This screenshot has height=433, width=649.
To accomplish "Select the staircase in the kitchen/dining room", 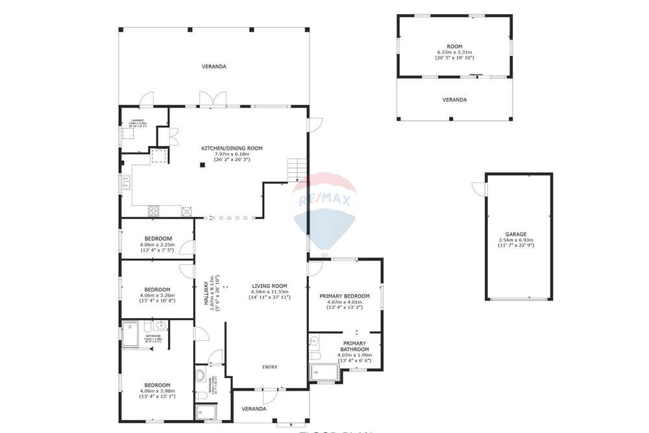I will pos(297,169).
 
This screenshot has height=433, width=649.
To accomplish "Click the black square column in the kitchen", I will pos(202,165).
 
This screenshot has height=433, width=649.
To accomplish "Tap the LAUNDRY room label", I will pos(137,120).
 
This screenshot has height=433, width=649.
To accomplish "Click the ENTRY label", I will pos(270,367).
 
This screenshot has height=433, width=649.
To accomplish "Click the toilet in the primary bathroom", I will pos(315,356).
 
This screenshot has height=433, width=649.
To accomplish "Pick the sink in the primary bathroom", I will pos(315,340).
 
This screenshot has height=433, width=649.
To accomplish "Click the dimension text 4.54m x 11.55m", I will pos(270,291).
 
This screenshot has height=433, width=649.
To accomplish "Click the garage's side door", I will pos(480,188).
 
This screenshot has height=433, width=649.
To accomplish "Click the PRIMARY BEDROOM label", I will pos(345,296).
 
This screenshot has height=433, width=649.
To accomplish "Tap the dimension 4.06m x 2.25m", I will pos(157,244).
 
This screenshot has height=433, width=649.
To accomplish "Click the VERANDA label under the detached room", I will pos(454,100).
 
